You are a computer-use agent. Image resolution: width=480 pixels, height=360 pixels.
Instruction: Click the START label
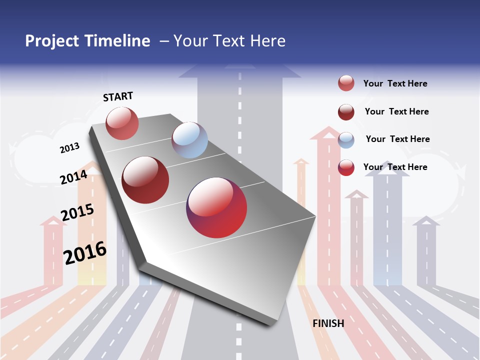(118, 96)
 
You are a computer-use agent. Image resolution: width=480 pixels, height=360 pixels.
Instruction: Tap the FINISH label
(328, 323)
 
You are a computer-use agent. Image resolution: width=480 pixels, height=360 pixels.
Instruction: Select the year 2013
(69, 148)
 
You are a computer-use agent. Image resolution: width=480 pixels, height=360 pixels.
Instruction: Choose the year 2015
(77, 212)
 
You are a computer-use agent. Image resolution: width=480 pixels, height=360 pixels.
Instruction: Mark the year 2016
(85, 252)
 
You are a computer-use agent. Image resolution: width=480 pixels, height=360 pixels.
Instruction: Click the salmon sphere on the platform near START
(122, 123)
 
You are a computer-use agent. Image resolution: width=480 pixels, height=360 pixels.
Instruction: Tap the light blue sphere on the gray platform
(189, 140)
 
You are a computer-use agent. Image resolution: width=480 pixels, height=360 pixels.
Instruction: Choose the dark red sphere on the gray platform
(145, 180)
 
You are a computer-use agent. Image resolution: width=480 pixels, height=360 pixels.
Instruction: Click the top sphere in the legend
(346, 83)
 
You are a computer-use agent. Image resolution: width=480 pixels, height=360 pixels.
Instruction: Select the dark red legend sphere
(346, 112)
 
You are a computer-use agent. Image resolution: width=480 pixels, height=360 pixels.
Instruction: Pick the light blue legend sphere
(346, 140)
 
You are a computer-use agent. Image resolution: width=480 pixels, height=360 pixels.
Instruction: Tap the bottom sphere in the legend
(346, 167)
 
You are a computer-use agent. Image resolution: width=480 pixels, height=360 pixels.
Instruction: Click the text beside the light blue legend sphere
(397, 139)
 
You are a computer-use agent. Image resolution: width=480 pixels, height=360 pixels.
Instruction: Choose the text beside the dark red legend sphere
(396, 111)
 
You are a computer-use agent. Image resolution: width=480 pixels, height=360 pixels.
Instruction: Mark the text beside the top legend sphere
(395, 83)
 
